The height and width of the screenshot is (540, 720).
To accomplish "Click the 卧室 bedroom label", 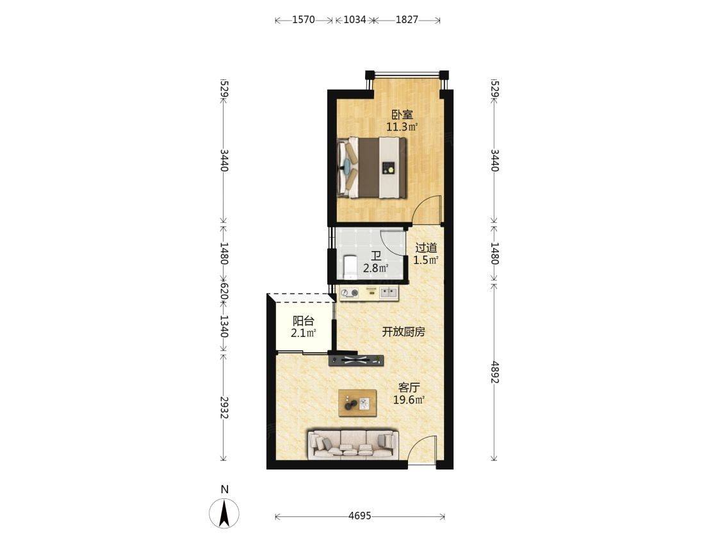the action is pyautogui.click(x=402, y=114).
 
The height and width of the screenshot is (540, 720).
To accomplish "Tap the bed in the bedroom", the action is pyautogui.click(x=372, y=168).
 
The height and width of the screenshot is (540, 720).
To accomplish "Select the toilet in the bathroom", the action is pyautogui.click(x=350, y=266).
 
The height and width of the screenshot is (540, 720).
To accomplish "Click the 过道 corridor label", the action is pyautogui.click(x=426, y=248).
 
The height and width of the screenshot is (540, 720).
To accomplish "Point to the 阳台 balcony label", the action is pyautogui.click(x=303, y=321).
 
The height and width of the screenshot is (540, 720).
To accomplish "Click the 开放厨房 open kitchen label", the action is pyautogui.click(x=404, y=332).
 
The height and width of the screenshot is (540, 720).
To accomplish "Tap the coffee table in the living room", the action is pyautogui.click(x=357, y=403).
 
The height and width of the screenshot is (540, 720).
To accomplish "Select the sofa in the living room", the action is pyautogui.click(x=352, y=445).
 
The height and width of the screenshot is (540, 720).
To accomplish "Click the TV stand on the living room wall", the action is pyautogui.click(x=356, y=359).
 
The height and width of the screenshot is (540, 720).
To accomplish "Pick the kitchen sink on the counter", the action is pyautogui.click(x=389, y=293).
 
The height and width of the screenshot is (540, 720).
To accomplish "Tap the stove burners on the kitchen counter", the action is pyautogui.click(x=349, y=293).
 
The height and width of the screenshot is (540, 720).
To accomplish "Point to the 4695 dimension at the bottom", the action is pyautogui.click(x=359, y=516).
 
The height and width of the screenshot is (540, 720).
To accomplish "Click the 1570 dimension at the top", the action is pyautogui.click(x=304, y=20).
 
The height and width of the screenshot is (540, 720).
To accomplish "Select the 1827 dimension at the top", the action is pyautogui.click(x=407, y=20).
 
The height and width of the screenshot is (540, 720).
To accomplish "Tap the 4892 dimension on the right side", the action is pyautogui.click(x=495, y=372).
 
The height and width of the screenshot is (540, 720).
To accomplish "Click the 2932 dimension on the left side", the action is pyautogui.click(x=224, y=408).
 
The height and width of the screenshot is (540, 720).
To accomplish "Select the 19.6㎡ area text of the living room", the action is pyautogui.click(x=409, y=400).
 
